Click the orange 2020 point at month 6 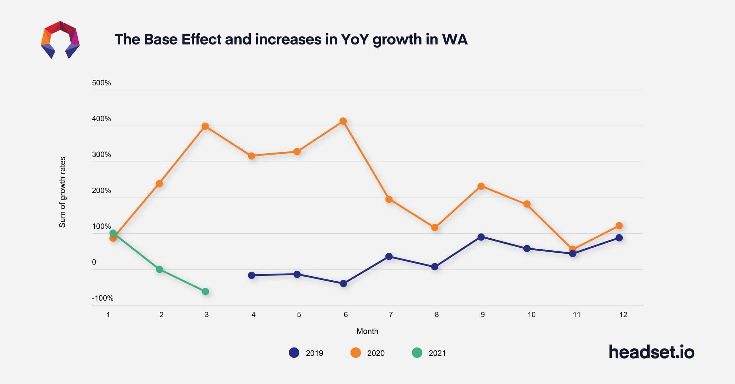tap(343, 121)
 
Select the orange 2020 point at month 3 tap(205, 126)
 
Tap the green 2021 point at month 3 tap(206, 291)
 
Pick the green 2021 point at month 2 tap(159, 269)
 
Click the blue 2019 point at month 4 tap(251, 275)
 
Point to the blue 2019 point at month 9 tap(481, 237)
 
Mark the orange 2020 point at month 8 tap(434, 227)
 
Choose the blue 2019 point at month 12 tap(619, 238)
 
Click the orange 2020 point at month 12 tap(619, 226)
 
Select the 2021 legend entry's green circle tap(417, 353)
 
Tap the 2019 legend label tap(314, 353)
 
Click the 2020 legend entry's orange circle tap(356, 353)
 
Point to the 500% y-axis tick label tap(101, 83)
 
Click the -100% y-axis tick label tap(102, 298)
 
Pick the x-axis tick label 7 tap(391, 315)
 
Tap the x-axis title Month tap(367, 331)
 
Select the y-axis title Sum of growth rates tap(62, 192)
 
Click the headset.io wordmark tap(651, 352)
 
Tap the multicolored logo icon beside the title tap(60, 40)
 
